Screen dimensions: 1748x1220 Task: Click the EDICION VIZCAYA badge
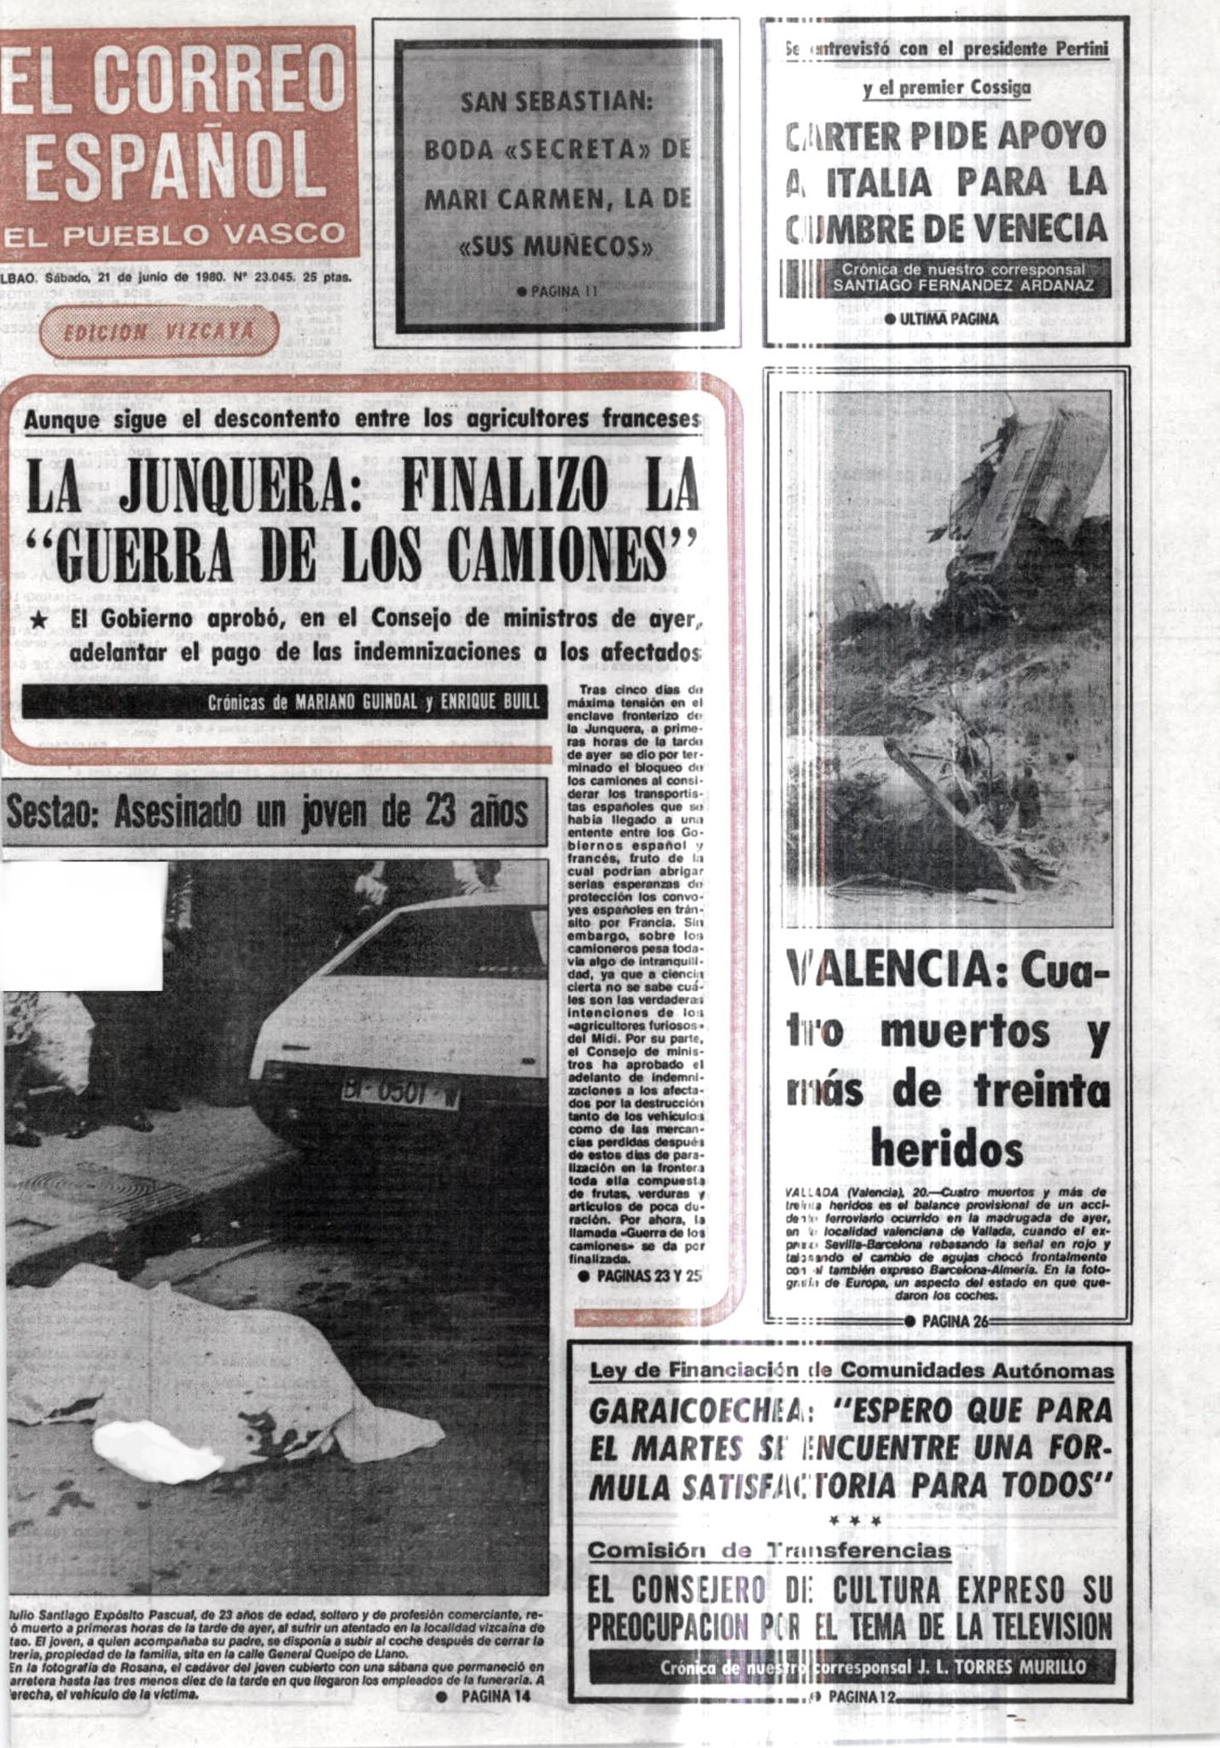coord(159,332)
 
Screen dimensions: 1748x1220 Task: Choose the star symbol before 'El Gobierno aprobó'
coord(38,622)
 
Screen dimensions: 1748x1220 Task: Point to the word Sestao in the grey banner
coord(53,813)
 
